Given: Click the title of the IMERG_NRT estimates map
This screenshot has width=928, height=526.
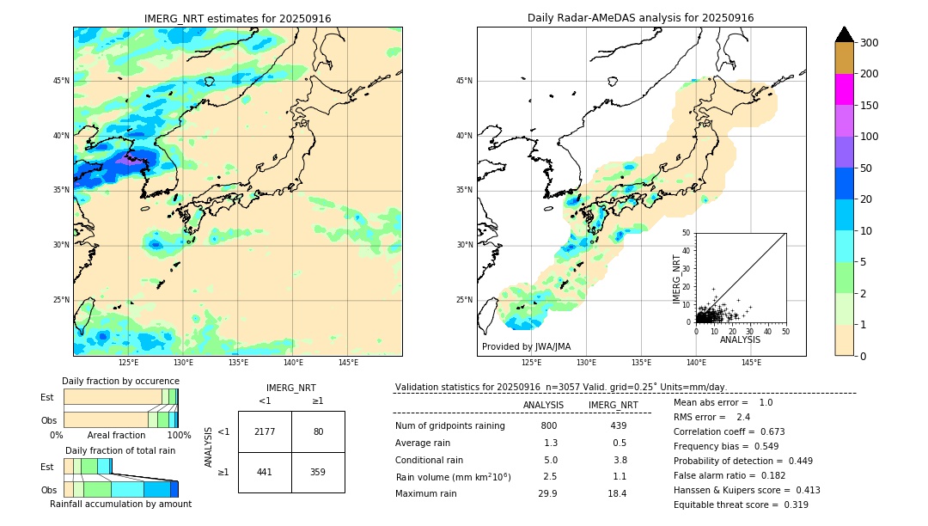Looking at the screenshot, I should [237, 19].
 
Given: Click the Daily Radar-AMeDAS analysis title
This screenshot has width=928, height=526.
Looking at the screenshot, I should [641, 18].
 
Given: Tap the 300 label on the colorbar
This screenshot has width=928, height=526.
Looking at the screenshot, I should [869, 43].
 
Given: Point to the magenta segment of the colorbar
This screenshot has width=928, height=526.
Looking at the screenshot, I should [845, 89].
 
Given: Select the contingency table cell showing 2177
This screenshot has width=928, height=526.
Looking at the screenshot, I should [265, 431].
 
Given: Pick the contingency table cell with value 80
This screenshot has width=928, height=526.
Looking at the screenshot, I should [318, 431].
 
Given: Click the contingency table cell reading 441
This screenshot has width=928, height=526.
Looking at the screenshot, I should [265, 472].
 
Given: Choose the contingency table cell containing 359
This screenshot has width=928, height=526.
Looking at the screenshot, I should [318, 472].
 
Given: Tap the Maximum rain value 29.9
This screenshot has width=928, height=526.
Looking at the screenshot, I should [547, 493].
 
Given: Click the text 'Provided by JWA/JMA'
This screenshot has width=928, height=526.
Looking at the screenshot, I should [526, 347].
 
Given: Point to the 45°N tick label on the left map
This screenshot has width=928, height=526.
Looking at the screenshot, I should [61, 81].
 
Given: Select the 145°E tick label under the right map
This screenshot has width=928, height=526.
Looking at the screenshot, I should [751, 363].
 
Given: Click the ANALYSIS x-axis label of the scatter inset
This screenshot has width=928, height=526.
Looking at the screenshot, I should [740, 340].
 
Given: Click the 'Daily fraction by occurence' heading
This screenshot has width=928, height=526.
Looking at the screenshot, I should [120, 381].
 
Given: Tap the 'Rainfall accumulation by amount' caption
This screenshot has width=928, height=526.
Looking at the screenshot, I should [120, 504].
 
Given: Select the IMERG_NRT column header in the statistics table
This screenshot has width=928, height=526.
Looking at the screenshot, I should [613, 405].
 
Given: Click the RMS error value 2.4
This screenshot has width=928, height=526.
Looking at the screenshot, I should [743, 417].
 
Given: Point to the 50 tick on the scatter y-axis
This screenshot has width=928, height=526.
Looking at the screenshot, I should [687, 233].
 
